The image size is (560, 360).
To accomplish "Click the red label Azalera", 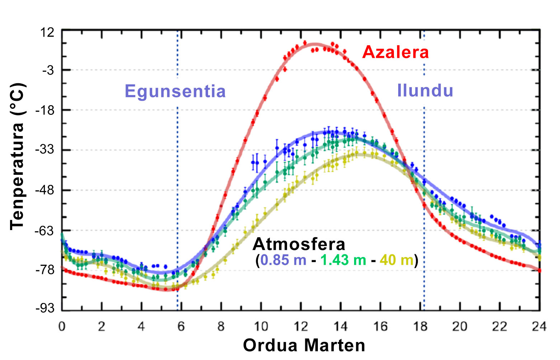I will [395, 52].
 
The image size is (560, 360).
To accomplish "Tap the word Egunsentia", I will [175, 91].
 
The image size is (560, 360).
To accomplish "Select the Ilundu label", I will [425, 90].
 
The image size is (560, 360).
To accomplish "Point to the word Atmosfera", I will [299, 244].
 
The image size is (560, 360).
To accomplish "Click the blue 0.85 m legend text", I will [283, 260].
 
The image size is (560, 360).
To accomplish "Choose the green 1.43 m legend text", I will [343, 260].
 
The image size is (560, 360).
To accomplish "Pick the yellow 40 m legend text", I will [396, 260].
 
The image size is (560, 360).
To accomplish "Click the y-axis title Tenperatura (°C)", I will [17, 156].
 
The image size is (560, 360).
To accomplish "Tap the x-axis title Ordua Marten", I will [304, 345].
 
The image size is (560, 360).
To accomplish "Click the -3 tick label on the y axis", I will [48, 70].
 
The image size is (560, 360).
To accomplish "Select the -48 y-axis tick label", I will [45, 190].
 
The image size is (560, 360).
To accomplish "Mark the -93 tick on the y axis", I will [45, 308].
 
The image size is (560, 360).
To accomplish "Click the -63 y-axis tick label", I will [45, 230].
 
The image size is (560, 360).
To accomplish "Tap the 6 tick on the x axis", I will [181, 326].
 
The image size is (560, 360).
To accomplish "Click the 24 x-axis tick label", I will [539, 326].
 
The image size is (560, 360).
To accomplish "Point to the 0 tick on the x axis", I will [62, 326].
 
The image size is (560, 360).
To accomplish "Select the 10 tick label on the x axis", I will [261, 326].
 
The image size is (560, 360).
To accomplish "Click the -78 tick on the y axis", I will [45, 270].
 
